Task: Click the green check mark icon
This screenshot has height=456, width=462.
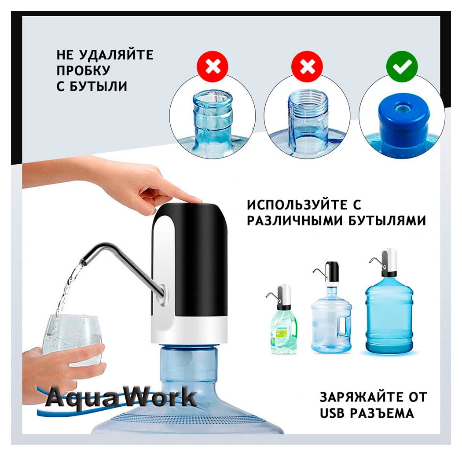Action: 402,66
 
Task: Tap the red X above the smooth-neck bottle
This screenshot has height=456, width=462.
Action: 213,66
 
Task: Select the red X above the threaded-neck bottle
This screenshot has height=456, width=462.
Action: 307,66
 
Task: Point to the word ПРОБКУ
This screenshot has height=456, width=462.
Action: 84,70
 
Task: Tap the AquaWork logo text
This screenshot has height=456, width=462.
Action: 121,397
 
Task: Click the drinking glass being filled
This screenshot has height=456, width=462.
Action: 72,339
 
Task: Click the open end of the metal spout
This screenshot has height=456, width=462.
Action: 84,261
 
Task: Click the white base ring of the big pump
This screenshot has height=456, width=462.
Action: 189,330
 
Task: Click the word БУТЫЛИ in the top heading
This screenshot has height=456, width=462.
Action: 99,86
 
